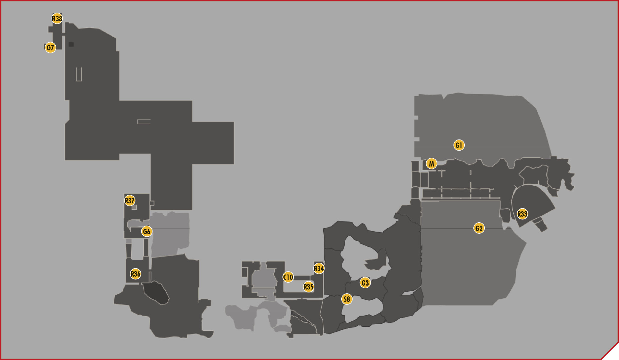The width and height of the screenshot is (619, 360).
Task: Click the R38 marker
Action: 57,19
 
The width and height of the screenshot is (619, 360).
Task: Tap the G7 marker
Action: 50,47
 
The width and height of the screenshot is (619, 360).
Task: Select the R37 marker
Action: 130,200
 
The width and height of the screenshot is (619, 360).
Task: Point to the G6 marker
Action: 146,231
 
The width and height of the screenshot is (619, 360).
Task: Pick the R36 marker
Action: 135,274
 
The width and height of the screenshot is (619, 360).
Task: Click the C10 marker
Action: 288,277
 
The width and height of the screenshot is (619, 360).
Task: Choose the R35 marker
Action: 309,287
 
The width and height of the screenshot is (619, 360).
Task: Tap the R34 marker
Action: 319,268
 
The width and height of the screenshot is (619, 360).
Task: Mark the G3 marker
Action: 365,283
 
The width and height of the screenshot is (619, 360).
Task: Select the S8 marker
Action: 347,299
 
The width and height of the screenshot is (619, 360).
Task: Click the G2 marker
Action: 479,228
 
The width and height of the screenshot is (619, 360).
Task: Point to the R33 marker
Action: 522,214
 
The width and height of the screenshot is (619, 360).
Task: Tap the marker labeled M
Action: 431,163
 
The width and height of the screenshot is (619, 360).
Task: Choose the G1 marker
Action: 459,145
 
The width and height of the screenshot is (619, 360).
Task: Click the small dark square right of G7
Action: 71,44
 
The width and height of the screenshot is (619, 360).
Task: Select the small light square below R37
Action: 134,207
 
